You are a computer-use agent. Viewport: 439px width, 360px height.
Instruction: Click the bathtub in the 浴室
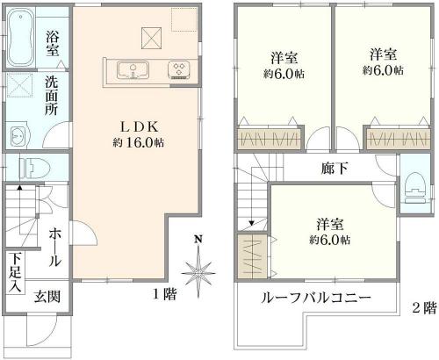tap(20, 37)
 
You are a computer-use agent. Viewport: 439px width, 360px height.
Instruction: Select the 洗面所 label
tap(51, 96)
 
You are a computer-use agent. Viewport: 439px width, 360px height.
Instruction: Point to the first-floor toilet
tap(34, 169)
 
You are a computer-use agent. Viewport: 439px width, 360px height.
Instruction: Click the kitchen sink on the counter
tap(133, 70)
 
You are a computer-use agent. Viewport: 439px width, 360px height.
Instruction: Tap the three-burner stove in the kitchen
tap(179, 70)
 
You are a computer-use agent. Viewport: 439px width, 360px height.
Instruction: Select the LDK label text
tap(140, 126)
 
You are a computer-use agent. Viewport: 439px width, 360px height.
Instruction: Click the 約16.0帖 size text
tap(139, 142)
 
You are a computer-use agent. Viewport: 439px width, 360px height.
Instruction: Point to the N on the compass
tap(198, 239)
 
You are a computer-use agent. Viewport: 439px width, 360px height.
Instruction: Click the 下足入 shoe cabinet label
tap(15, 273)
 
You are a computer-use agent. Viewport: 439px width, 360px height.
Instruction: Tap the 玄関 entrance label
tap(47, 296)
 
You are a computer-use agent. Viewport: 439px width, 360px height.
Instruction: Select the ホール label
tap(54, 248)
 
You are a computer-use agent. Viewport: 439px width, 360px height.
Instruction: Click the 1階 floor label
tap(165, 294)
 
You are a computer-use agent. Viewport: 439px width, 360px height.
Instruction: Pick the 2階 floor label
tap(424, 307)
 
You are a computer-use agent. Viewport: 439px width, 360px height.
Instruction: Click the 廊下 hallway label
tap(335, 169)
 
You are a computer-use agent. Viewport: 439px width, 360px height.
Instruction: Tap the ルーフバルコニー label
tap(316, 298)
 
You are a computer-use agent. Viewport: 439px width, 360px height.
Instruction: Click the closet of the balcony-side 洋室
tap(252, 256)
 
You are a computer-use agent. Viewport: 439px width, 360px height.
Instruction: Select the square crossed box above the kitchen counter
tap(152, 38)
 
